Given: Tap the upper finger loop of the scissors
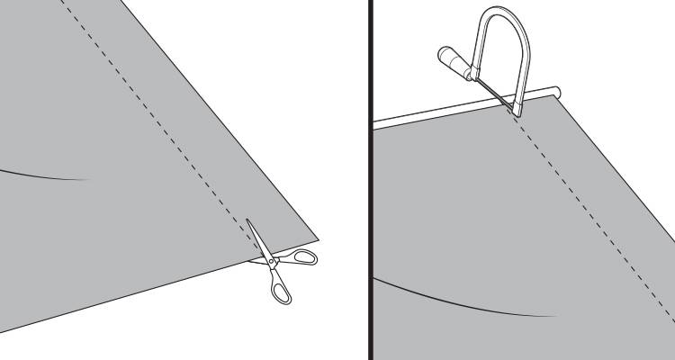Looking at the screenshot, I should (x=304, y=258).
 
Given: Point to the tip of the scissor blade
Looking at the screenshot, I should (x=249, y=221).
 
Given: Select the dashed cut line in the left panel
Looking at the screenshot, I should (x=153, y=117).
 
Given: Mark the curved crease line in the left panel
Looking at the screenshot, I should (x=45, y=174).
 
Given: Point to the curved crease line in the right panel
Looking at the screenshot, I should (x=468, y=306).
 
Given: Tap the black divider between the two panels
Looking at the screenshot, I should (x=369, y=180).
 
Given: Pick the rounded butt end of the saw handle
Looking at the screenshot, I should (x=442, y=53).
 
